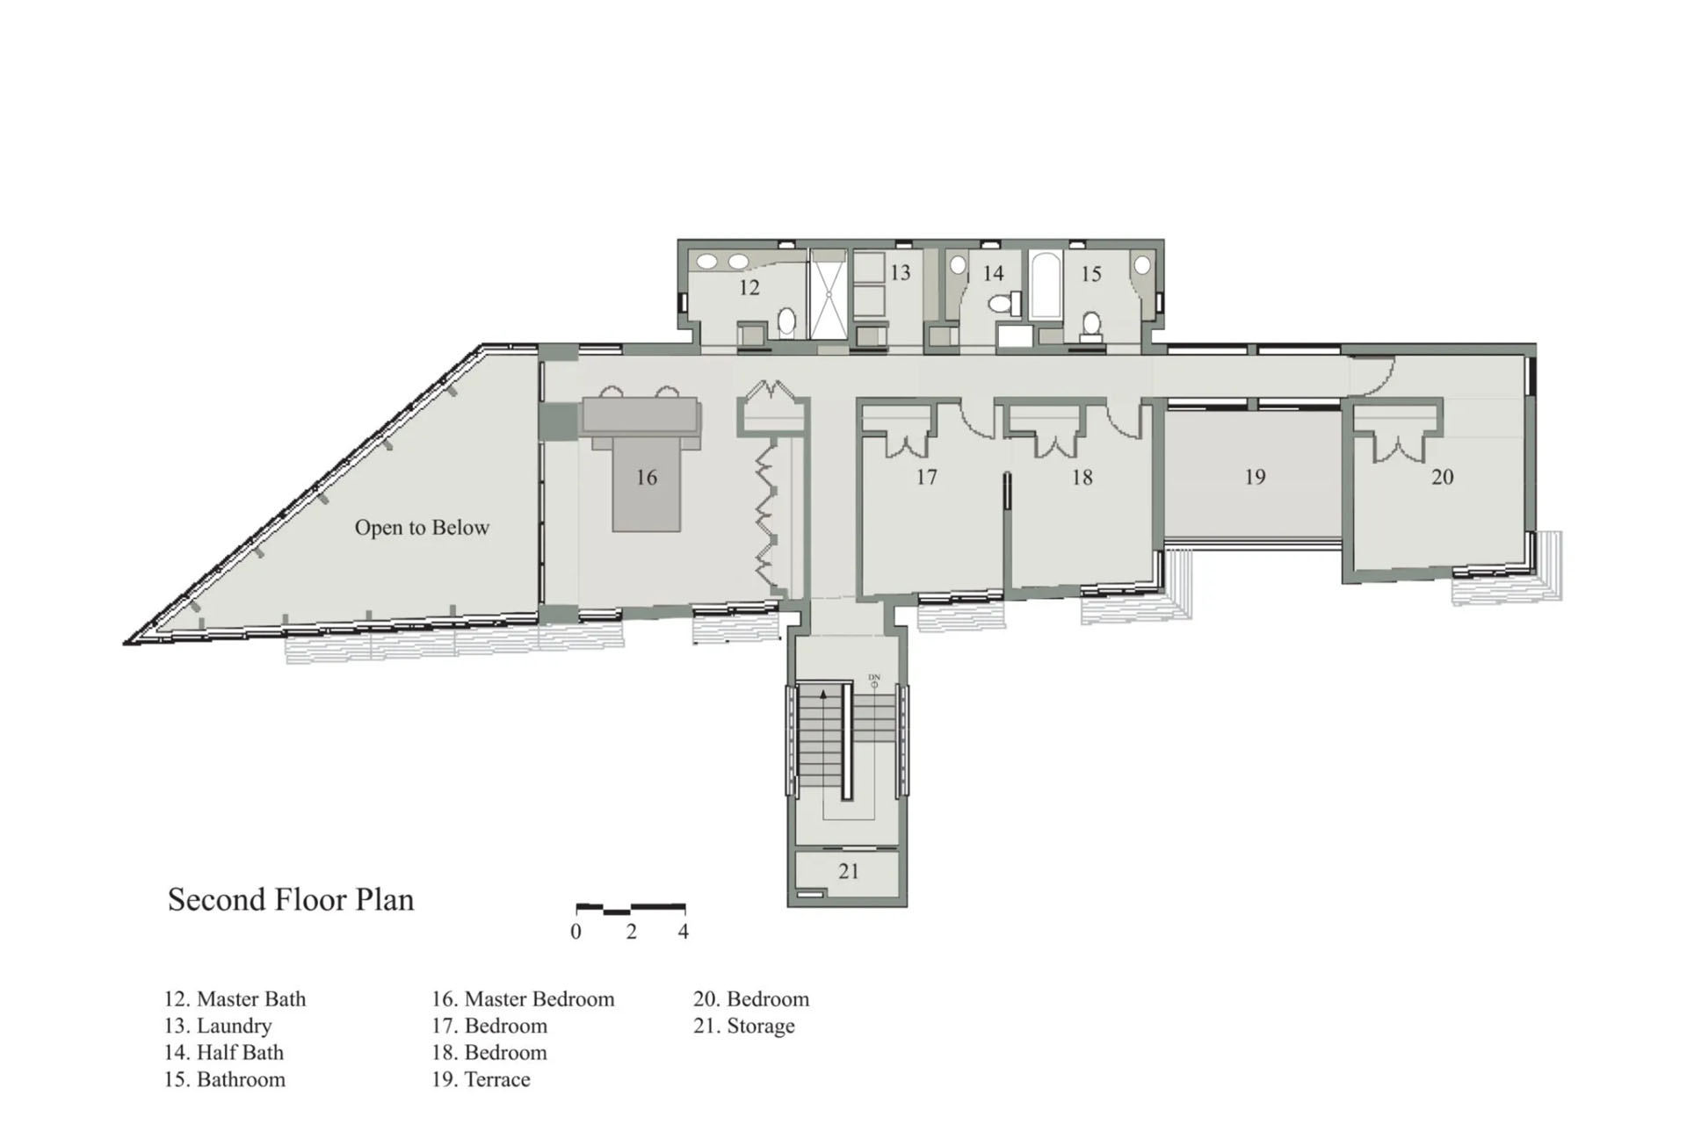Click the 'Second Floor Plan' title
[290, 900]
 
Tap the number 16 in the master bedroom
[646, 478]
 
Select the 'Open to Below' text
[422, 528]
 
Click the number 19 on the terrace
[1255, 478]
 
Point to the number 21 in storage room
[848, 872]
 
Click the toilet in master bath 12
[787, 321]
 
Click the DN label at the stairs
[873, 677]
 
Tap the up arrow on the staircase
[823, 694]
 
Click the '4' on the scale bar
[684, 933]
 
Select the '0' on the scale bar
[576, 933]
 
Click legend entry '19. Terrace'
[481, 1080]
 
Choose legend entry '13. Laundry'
[218, 1027]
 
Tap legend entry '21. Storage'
[743, 1027]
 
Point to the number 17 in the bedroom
[926, 478]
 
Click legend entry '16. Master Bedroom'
[523, 999]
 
